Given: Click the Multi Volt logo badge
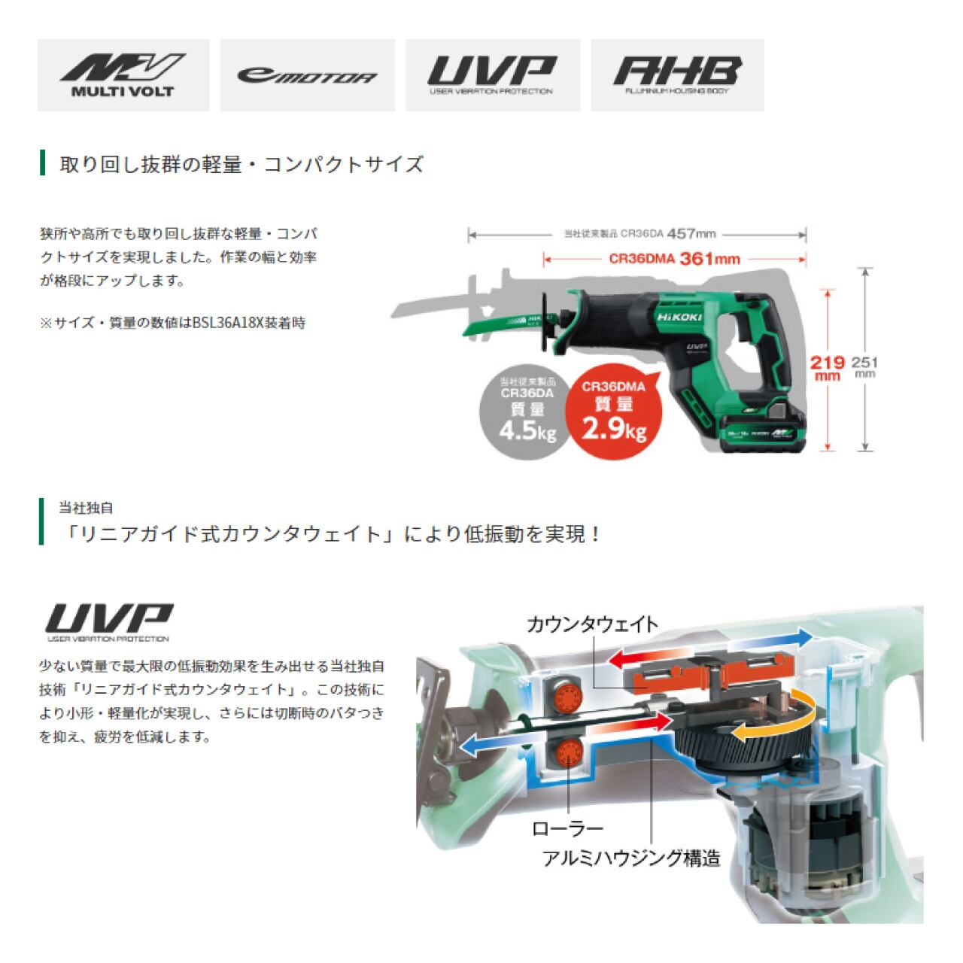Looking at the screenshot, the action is (123, 75).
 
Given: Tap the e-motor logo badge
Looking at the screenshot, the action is (307, 75).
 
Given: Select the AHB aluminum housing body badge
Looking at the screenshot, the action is (677, 75).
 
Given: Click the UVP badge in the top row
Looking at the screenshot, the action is (492, 75).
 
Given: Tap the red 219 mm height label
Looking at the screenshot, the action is (828, 368).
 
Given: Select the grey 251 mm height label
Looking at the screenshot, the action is (864, 366).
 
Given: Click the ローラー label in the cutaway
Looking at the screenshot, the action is (567, 829).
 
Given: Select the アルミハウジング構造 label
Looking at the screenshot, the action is (631, 858).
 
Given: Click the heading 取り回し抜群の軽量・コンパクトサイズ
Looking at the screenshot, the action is (242, 164).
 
